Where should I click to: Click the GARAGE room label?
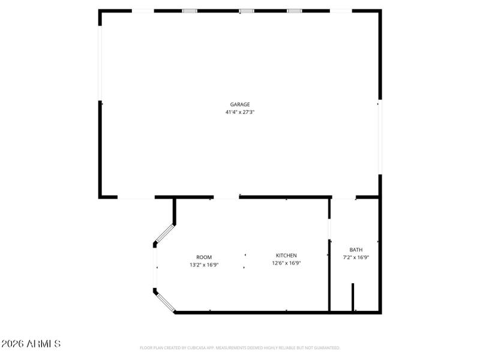pos(240,104)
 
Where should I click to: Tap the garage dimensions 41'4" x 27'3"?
pos(240,112)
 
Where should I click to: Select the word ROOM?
pos(204,257)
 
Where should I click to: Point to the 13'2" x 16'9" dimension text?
pos(204,265)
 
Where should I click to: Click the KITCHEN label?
pos(286,256)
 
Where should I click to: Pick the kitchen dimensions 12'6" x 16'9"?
pos(286,263)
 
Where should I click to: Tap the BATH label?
pos(356,250)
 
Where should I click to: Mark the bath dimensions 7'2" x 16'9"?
pos(356,257)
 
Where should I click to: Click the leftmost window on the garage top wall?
pos(190,11)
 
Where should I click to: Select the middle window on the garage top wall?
pos(247,11)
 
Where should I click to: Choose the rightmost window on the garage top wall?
pos(294,11)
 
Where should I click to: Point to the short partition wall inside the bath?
pos(353,296)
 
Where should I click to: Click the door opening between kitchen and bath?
pos(329,229)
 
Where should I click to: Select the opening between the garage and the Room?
pos(226,197)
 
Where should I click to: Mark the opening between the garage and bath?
pos(344,197)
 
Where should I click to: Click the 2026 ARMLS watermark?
pos(31,344)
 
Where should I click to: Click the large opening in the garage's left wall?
pos(100,56)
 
